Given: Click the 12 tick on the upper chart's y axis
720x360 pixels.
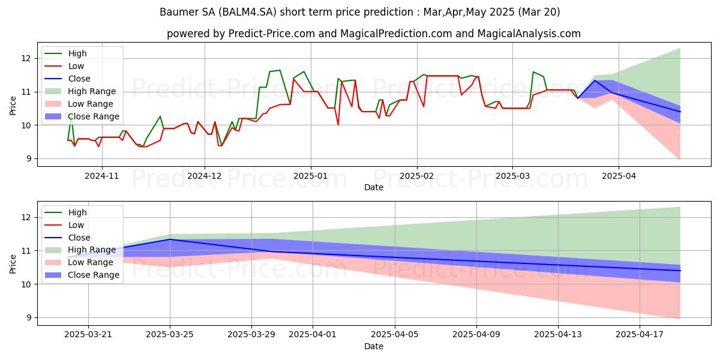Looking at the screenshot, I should (25, 58).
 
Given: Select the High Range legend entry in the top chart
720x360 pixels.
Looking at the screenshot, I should (92, 91).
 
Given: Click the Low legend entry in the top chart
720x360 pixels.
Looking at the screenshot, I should (76, 66).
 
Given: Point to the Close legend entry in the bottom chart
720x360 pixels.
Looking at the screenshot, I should (79, 238).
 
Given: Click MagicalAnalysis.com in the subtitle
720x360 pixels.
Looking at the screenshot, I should (529, 34).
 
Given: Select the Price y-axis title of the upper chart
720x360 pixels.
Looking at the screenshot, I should (13, 104).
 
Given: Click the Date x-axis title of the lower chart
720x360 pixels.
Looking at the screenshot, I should (374, 346).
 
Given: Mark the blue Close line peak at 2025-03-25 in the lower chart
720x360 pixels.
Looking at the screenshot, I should (170, 239).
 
